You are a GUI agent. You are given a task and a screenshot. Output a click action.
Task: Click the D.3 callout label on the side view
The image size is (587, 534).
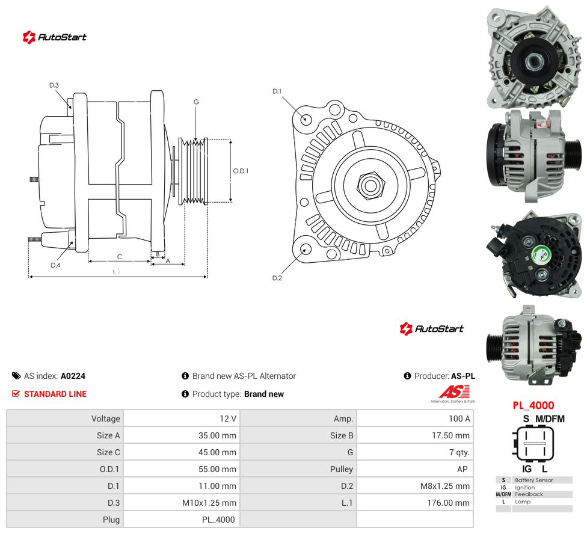point(54,85)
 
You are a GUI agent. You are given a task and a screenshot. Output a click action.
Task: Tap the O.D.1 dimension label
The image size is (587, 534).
point(241,171)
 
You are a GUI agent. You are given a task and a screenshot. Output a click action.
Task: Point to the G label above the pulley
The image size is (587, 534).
point(196,102)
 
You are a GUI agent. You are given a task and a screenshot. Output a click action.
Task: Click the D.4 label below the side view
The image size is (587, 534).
point(55,265)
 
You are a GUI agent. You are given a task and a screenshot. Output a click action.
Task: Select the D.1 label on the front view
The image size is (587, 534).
point(277,91)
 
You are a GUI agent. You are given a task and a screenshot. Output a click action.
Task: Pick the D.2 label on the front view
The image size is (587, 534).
point(277,278)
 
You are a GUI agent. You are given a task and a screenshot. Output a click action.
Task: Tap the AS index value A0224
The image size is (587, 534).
point(73,376)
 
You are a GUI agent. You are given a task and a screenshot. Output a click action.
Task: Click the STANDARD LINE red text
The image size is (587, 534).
point(55,394)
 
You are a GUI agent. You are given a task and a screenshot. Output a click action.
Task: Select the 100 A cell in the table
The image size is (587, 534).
point(459,419)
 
